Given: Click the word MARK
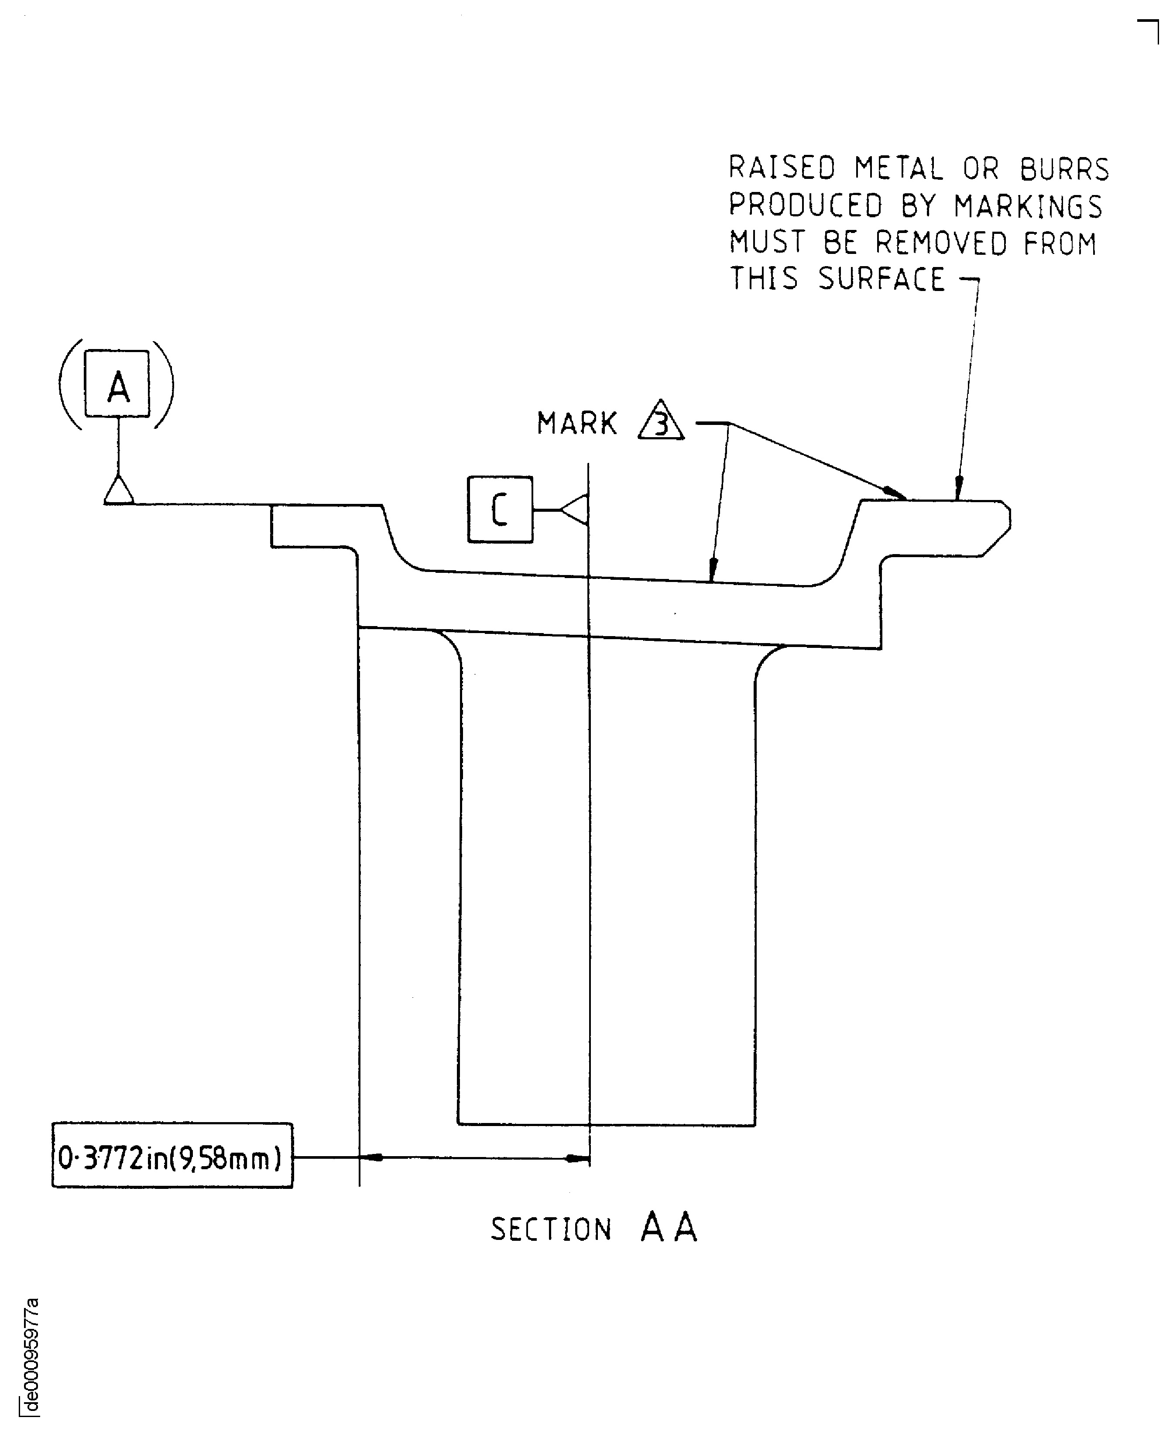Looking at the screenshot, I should (x=576, y=424).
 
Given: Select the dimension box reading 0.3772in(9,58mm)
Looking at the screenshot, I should (x=171, y=1159).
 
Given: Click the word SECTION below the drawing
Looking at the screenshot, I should (x=551, y=1230).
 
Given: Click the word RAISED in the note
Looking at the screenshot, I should (x=782, y=168).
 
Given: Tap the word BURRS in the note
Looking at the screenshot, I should (x=1064, y=170).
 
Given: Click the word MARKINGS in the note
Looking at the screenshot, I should (x=1028, y=206).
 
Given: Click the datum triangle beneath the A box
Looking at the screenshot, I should (x=118, y=491).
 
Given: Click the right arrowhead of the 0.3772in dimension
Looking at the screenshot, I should (x=578, y=1158).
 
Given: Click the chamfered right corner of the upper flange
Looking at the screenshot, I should (x=997, y=541).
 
